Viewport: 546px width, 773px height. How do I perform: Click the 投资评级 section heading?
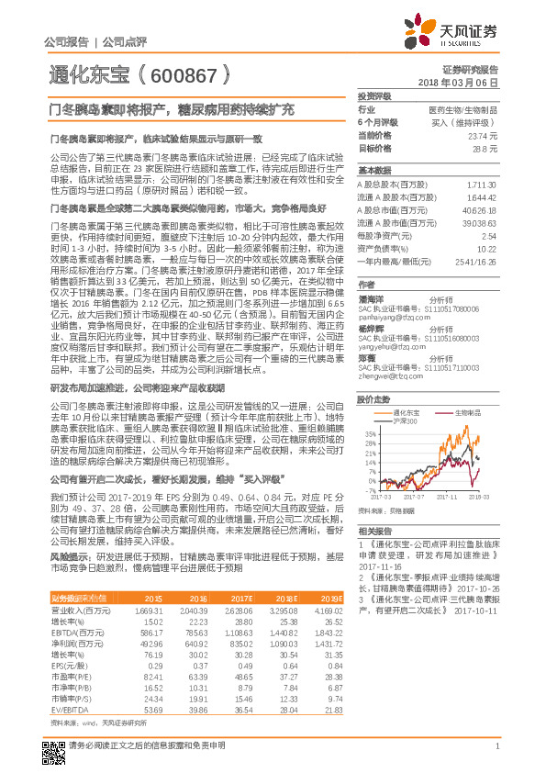(x=374, y=95)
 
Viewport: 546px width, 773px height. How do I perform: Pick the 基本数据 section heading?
(x=374, y=170)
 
